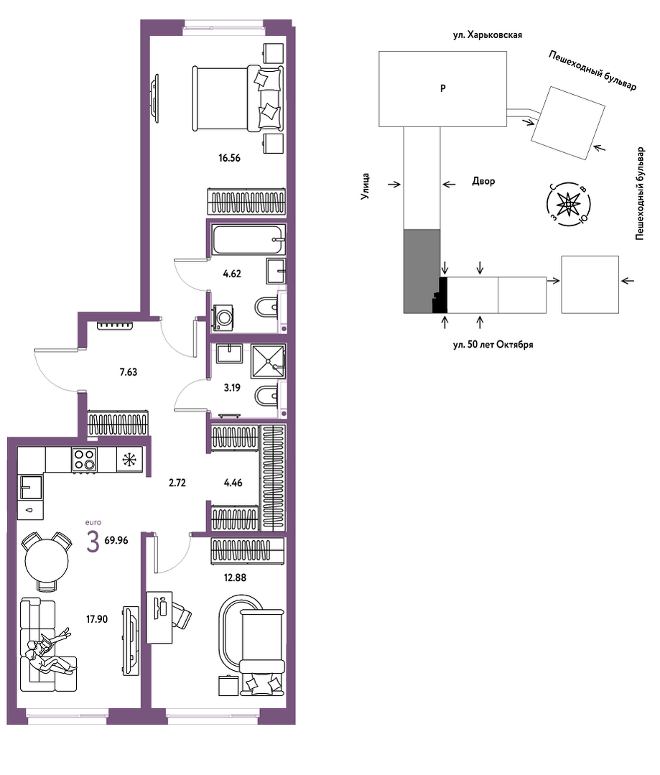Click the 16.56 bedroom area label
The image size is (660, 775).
coord(229,158)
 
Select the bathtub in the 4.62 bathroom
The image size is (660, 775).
coord(248,240)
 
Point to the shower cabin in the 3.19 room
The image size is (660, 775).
coord(268,361)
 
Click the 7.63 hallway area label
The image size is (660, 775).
coord(129,372)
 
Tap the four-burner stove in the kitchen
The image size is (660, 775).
coord(83,460)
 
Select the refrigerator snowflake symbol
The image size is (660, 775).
coord(129,460)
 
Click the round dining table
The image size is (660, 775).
coord(47,561)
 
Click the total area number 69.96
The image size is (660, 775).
coord(116,540)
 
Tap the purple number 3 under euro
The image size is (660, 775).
coord(93,542)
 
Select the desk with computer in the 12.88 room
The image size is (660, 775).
coord(159,617)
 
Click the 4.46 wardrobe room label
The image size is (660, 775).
coord(233,483)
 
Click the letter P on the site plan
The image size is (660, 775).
coord(443,88)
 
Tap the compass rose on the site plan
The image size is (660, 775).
coord(569,203)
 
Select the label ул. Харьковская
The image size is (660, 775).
coord(488,35)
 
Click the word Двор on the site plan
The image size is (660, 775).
coord(483,182)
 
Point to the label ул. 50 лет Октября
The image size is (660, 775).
coord(493,345)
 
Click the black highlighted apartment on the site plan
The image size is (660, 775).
coord(440,297)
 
